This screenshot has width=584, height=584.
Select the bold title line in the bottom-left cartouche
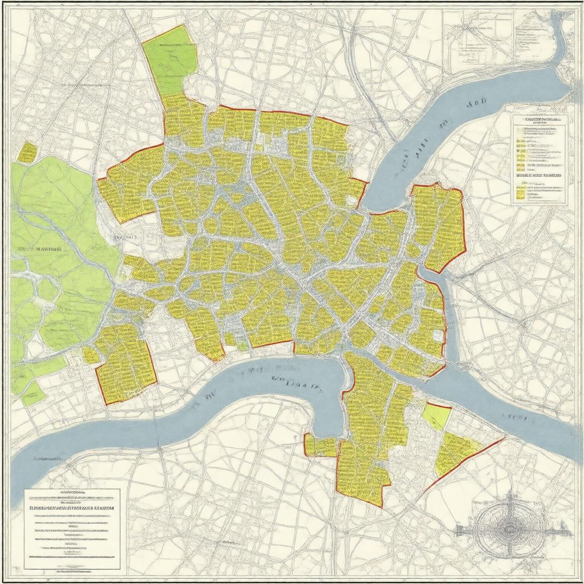point(72,507)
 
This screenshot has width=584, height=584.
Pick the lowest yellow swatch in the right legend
point(520,194)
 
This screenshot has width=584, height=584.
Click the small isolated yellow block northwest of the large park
point(27,152)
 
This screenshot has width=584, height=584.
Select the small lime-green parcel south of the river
point(437,415)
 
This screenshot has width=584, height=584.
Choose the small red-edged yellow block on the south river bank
point(320,445)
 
